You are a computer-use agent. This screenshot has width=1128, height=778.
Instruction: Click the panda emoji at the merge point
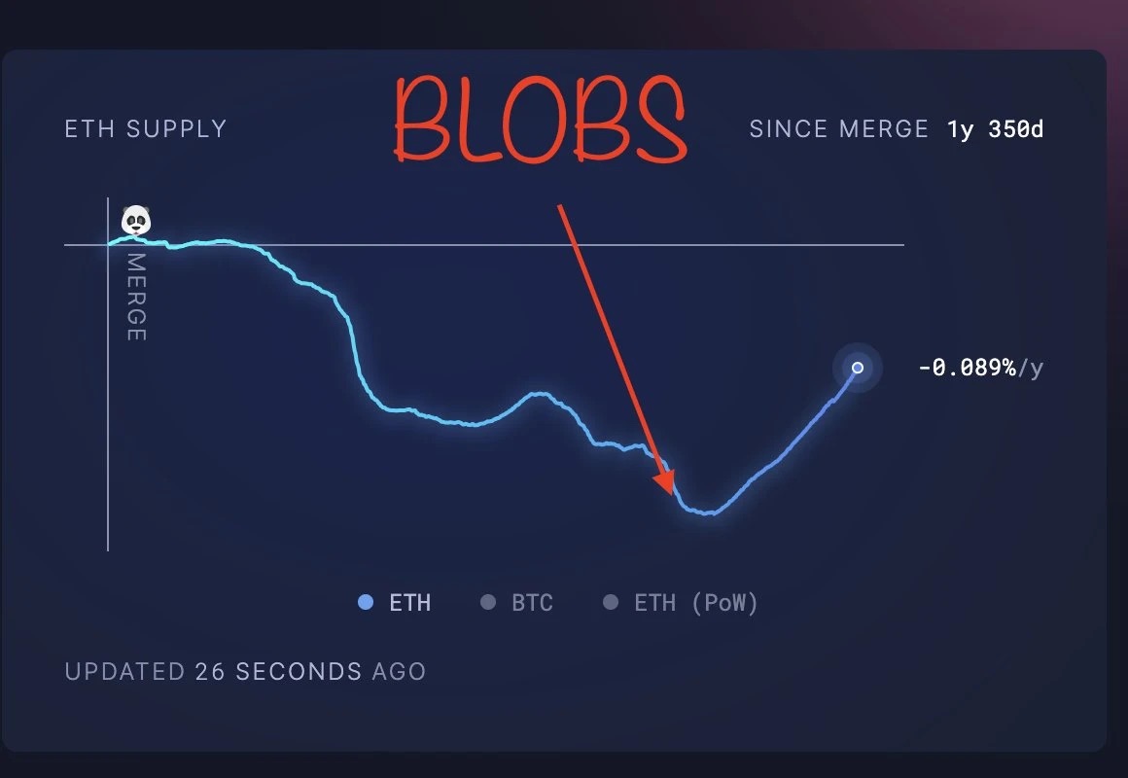(x=136, y=220)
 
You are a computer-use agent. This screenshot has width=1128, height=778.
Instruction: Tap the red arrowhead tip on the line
(x=673, y=495)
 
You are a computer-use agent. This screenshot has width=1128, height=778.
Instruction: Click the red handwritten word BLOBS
(x=541, y=120)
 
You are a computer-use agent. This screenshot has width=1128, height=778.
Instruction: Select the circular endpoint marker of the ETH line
(x=858, y=368)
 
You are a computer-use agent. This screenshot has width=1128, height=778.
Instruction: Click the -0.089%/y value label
(x=980, y=368)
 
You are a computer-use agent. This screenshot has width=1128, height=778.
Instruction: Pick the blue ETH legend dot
(x=366, y=602)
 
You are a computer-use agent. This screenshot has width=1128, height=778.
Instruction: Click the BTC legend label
(x=532, y=602)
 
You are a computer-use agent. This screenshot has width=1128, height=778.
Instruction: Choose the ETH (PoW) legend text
(x=695, y=603)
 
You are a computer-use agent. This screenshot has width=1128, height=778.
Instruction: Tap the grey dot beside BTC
(x=488, y=602)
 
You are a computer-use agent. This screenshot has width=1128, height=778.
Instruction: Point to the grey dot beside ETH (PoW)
(x=610, y=602)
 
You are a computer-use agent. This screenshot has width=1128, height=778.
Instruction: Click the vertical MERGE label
(x=136, y=297)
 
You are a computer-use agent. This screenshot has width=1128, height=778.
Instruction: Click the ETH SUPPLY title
(x=145, y=128)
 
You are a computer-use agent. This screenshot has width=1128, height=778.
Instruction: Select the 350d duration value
(x=1015, y=128)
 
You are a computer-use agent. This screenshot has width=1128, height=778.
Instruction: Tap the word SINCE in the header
(x=788, y=128)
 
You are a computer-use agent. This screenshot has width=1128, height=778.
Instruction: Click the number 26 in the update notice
(x=210, y=671)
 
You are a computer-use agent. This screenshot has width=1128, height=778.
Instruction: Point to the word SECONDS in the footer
(x=299, y=671)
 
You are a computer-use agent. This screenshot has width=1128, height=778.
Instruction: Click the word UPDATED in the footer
(x=125, y=671)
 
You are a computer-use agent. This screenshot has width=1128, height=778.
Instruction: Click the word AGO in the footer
(x=399, y=671)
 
